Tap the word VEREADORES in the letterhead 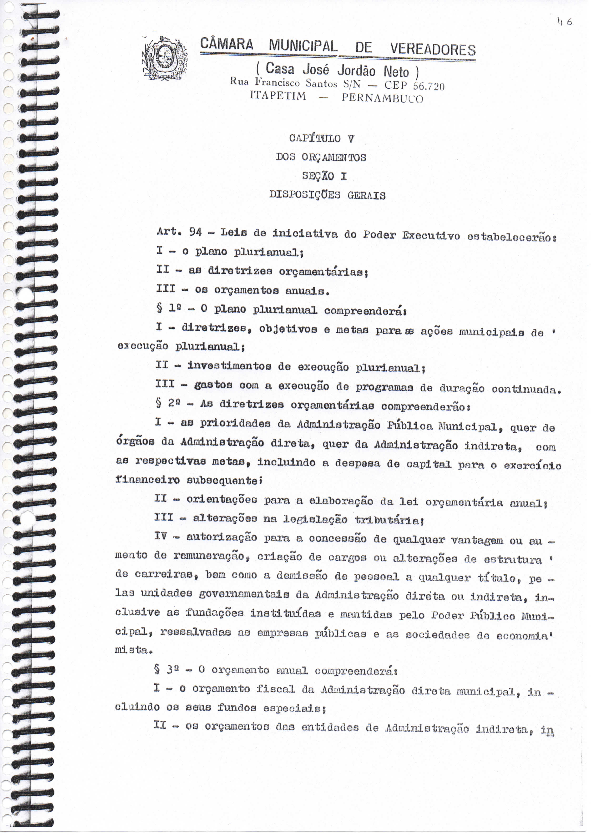(x=433, y=50)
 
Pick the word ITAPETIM (x=278, y=96)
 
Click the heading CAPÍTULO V (x=321, y=138)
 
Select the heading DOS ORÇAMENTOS (x=321, y=157)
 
